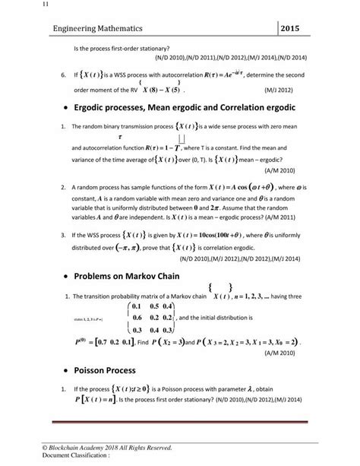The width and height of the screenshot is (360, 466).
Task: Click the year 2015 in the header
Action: (x=298, y=28)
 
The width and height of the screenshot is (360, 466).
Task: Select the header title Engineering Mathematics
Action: (x=92, y=28)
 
